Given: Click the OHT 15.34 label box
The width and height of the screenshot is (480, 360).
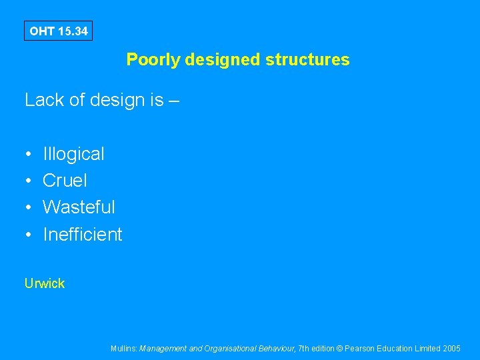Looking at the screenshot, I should pos(59,31).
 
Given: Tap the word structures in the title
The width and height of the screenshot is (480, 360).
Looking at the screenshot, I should pos(307,60).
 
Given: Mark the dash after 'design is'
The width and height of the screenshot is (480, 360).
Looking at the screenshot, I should pos(175,101).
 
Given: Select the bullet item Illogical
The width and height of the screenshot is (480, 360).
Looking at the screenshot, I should pos(73,154).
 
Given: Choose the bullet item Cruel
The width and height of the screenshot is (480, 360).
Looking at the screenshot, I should pos(65,181).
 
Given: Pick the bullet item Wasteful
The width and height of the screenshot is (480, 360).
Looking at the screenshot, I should pos(79,207).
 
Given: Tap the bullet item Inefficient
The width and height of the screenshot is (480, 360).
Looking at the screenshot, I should pos(82,235).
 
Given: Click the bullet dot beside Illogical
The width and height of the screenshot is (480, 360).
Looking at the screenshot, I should pos(29,155).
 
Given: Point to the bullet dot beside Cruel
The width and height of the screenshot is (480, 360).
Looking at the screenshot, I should pos(29,181).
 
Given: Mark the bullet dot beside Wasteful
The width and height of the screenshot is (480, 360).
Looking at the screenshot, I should pos(29,208).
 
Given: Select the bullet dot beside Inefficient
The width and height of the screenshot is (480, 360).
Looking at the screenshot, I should pos(29,235).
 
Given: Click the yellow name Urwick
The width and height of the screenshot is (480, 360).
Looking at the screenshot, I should pos(45,283).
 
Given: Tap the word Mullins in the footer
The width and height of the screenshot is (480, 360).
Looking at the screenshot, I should pos(125,348).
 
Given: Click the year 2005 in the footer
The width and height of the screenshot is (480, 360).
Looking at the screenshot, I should pos(451,348).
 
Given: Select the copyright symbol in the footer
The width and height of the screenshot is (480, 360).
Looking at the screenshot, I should pos(339,348).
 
